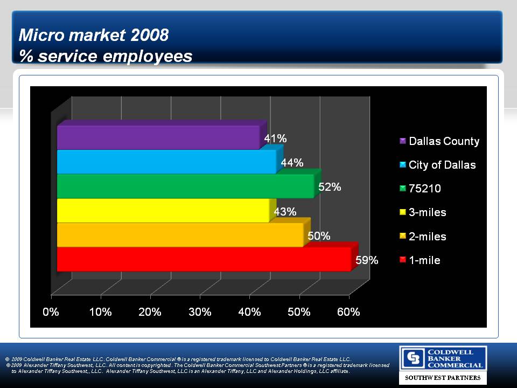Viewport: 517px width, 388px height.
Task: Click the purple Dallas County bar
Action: pos(158,137)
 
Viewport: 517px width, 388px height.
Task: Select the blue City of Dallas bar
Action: pos(166,162)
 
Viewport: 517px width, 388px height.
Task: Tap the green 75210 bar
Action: pos(185,186)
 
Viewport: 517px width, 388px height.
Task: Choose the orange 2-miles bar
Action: pos(180,234)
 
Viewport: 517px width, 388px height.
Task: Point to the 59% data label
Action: pos(367,260)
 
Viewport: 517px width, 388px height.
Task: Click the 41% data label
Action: pos(275,138)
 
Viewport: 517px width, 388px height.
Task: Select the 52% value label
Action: pos(329,187)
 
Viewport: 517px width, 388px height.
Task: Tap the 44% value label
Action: pos(292,163)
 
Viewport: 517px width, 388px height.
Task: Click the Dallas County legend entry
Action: pos(444,141)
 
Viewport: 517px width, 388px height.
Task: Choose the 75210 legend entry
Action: pos(425,189)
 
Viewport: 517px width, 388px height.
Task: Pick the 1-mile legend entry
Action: pos(424,260)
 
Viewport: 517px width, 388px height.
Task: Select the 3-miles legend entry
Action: pos(428,212)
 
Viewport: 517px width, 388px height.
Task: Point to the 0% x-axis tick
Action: pos(51,313)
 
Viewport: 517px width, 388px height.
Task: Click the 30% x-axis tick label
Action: pos(200,313)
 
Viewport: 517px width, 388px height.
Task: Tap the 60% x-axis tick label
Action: pos(348,313)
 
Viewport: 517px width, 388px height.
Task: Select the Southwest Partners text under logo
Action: pos(443,378)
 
